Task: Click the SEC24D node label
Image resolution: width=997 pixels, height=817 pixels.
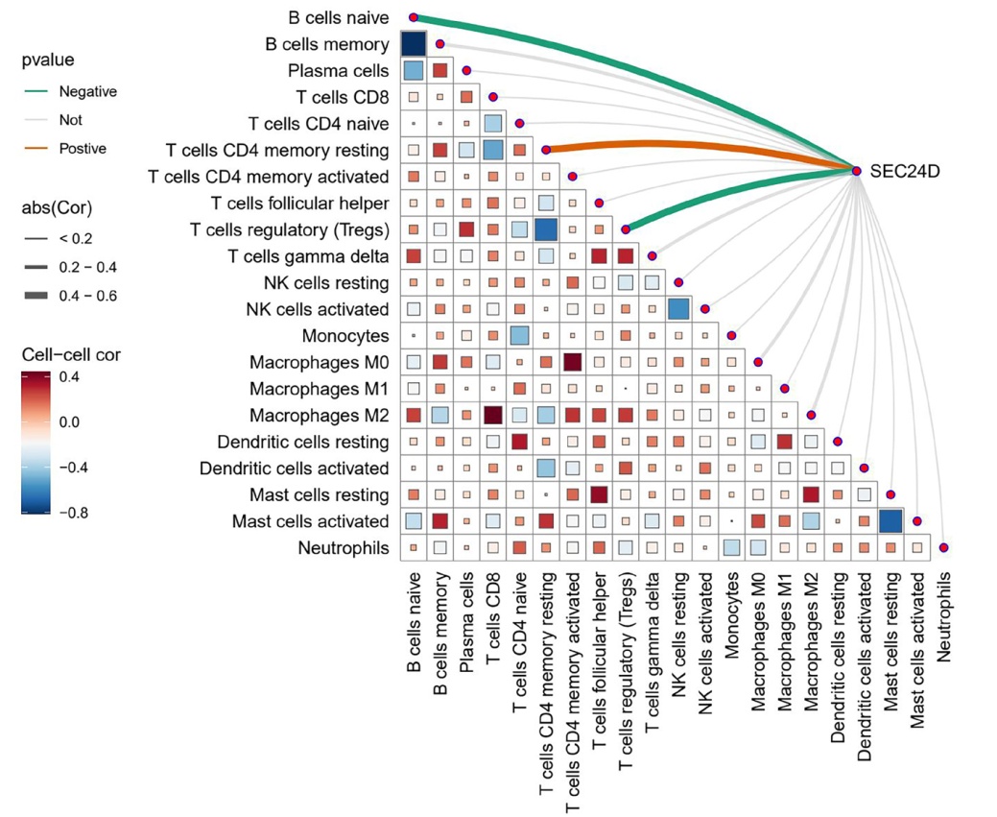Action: tap(904, 171)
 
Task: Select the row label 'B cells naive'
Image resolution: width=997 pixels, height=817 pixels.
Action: tap(339, 18)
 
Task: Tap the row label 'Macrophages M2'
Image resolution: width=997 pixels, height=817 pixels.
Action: tap(319, 416)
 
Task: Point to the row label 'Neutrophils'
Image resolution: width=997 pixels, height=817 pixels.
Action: tap(344, 548)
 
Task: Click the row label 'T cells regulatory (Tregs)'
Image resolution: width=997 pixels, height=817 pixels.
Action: tap(289, 229)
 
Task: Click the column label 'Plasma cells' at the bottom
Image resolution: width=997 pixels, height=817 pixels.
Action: tap(466, 622)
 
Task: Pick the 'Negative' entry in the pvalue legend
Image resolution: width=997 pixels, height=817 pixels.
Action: tap(87, 91)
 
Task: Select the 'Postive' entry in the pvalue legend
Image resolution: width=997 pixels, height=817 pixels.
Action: tap(83, 149)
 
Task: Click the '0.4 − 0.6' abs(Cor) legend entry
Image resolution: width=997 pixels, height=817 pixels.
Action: tap(87, 296)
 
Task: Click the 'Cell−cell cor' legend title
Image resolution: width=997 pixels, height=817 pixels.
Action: tap(71, 355)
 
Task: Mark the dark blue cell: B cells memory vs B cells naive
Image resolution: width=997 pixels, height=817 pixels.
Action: tap(414, 44)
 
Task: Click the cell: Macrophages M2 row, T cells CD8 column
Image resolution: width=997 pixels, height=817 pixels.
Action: tap(493, 416)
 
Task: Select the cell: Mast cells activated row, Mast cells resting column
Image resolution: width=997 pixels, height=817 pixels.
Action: tap(890, 521)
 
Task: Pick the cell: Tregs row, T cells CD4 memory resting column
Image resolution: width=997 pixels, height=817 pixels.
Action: tap(546, 229)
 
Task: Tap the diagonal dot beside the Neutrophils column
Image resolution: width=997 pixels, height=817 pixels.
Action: tap(943, 548)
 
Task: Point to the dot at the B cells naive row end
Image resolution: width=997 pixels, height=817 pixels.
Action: tap(414, 18)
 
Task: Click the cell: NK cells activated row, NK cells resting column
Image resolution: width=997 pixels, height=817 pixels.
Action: tap(678, 309)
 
